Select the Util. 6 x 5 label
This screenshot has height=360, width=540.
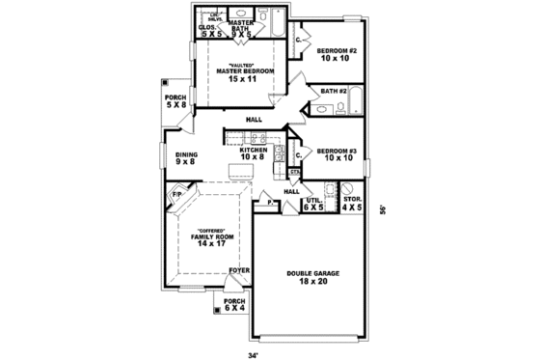pyautogui.click(x=314, y=204)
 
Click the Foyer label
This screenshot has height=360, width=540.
pyautogui.click(x=239, y=271)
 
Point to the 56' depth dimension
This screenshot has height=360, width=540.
pyautogui.click(x=382, y=208)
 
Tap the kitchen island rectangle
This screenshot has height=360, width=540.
pyautogui.click(x=241, y=172)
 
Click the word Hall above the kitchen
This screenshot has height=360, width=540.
pyautogui.click(x=255, y=119)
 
